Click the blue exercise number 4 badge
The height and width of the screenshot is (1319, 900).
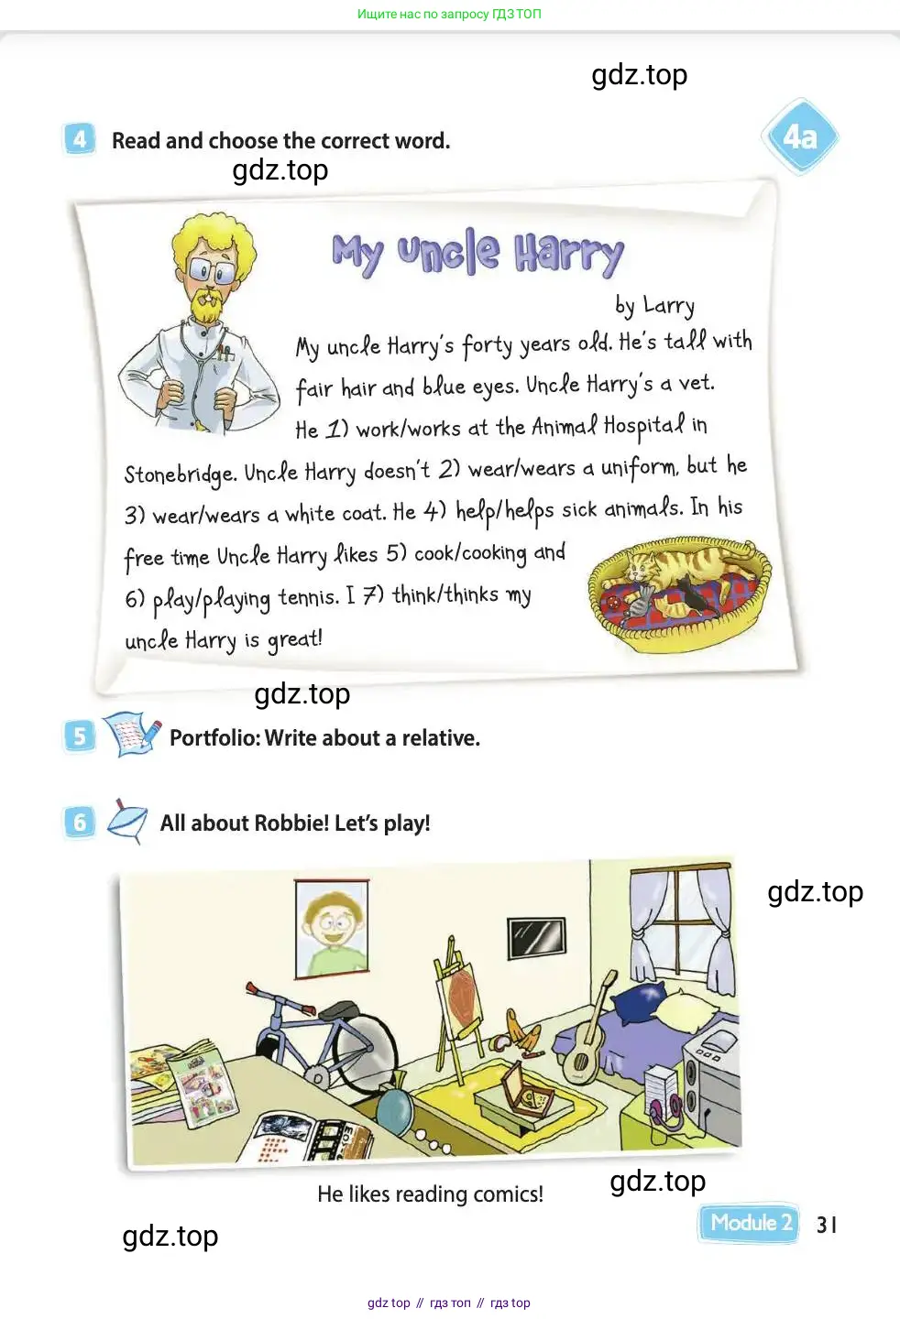click(79, 139)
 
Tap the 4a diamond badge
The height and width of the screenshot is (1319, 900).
click(800, 136)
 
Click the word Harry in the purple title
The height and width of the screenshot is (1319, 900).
click(568, 254)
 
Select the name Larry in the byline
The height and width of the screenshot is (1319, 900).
click(669, 306)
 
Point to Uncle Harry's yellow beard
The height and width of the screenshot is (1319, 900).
click(206, 304)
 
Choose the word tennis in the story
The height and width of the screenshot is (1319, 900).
click(309, 597)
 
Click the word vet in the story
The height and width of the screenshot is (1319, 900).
click(697, 384)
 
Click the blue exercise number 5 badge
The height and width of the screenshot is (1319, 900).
click(79, 736)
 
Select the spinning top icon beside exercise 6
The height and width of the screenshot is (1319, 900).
click(127, 822)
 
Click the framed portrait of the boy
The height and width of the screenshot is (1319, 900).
click(332, 930)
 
